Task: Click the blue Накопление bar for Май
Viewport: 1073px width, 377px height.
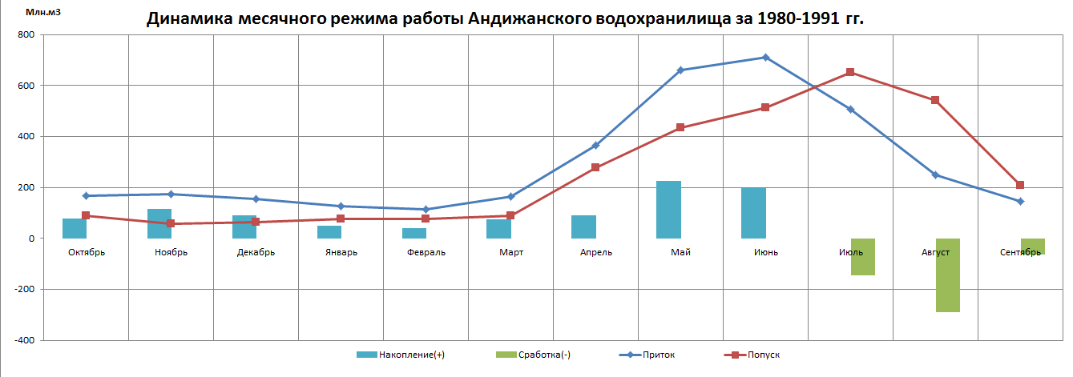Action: pyautogui.click(x=668, y=210)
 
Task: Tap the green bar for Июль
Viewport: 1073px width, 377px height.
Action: pyautogui.click(x=862, y=256)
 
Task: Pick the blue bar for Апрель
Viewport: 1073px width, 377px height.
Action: pyautogui.click(x=583, y=227)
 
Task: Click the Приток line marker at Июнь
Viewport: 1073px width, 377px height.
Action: pyautogui.click(x=765, y=58)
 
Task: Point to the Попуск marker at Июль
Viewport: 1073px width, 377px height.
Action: pyautogui.click(x=850, y=72)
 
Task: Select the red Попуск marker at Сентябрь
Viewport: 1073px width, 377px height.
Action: pyautogui.click(x=1020, y=185)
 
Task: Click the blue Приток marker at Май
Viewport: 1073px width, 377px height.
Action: pyautogui.click(x=680, y=70)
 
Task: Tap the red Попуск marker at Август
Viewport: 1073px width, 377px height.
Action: pyautogui.click(x=935, y=100)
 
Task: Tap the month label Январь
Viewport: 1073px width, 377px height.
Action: pyautogui.click(x=341, y=252)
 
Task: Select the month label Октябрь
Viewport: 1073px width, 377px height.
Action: pyautogui.click(x=87, y=252)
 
